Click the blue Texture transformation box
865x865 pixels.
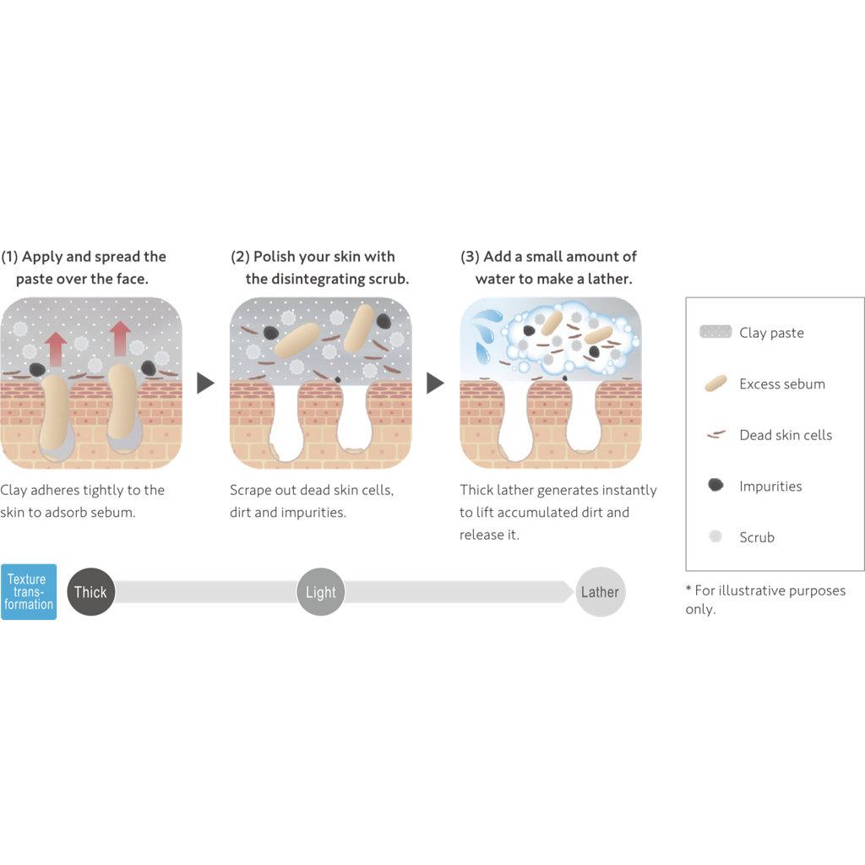coord(29,592)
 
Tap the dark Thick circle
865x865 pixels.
coord(90,592)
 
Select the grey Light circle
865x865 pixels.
coord(321,592)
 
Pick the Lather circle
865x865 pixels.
coord(600,592)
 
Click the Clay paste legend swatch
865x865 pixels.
coord(715,332)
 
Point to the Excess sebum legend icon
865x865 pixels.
coord(715,384)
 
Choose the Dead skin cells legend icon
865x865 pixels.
coord(715,435)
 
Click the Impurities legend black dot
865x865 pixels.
coord(715,486)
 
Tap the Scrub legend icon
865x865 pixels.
coord(715,536)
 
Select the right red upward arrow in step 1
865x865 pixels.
coord(121,338)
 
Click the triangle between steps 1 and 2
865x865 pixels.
coord(205,384)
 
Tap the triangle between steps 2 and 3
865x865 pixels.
coord(435,384)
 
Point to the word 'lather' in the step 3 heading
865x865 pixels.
coord(610,279)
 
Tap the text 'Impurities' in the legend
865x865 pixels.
coord(770,486)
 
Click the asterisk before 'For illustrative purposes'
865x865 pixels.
coord(688,590)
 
